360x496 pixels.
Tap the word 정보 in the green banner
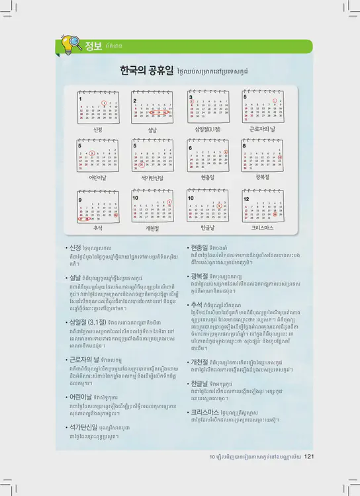(x=93, y=46)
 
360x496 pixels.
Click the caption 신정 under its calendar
(x=98, y=130)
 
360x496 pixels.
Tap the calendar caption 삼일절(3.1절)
(x=207, y=130)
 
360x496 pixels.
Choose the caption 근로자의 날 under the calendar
(x=263, y=130)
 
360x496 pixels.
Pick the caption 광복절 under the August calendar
(x=263, y=177)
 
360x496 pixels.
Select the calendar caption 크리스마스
(x=263, y=227)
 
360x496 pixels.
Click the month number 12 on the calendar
(x=246, y=198)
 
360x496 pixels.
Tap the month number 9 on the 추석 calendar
(x=80, y=199)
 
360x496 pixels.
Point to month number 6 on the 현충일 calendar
(x=191, y=148)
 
